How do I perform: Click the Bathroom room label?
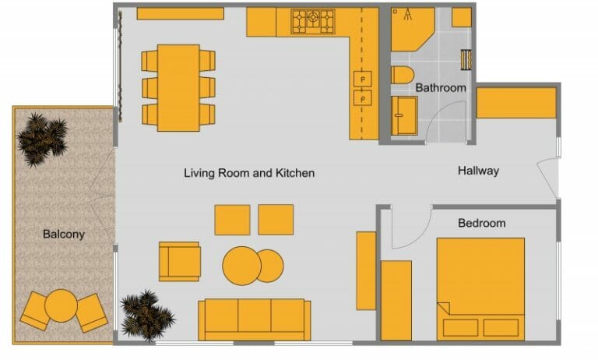click(x=440, y=88)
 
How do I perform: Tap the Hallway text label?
click(x=478, y=171)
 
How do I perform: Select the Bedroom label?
click(x=481, y=223)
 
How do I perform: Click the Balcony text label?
click(x=64, y=234)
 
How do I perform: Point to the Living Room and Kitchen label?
click(x=249, y=173)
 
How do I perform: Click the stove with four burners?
click(x=313, y=22)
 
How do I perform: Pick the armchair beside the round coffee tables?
click(x=179, y=261)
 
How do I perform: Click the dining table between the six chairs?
click(x=178, y=87)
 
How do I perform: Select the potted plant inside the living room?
click(x=146, y=315)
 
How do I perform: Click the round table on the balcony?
click(x=61, y=305)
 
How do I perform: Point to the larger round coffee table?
click(x=241, y=266)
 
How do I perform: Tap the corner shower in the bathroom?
click(x=410, y=29)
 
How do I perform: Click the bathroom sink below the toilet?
click(x=404, y=115)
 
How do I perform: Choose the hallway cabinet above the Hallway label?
click(x=515, y=103)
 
